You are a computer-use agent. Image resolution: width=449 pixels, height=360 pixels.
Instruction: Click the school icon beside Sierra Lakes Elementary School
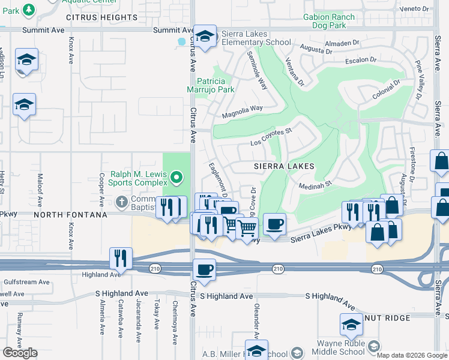coord(205,37)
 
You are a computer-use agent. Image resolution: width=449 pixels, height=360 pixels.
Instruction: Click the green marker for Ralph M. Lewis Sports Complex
coord(176,177)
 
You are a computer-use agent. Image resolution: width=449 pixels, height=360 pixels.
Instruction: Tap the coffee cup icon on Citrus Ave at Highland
coord(205,270)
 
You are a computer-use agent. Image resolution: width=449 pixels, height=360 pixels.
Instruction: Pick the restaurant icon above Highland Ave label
coord(121,258)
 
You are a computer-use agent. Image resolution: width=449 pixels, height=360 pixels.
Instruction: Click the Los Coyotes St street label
coord(271,137)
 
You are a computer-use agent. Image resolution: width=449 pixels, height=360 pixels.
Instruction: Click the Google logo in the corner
coord(20,353)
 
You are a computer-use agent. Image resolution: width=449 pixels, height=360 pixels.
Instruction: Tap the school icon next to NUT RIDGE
coord(351,325)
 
